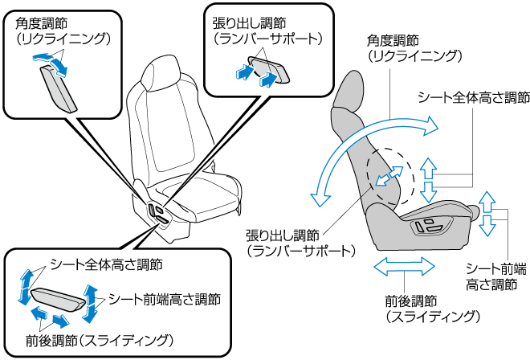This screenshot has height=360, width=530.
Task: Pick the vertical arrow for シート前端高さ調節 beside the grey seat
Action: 487,213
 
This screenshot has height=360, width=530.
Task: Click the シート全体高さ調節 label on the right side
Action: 473,96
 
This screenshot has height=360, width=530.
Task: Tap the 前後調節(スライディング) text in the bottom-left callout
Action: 100,338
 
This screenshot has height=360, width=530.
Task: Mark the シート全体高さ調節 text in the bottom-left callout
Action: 106,264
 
